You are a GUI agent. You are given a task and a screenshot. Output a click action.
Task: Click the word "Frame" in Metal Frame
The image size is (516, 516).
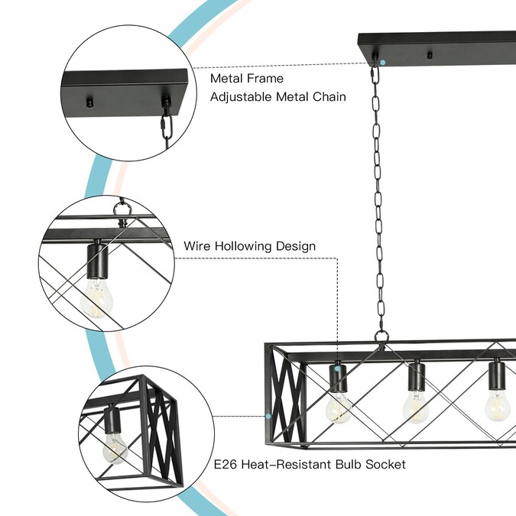pyautogui.click(x=264, y=78)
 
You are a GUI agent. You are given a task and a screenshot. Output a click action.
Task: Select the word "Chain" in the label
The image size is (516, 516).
pyautogui.click(x=329, y=97)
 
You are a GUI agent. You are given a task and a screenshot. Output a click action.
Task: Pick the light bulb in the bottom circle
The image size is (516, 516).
pyautogui.click(x=115, y=448)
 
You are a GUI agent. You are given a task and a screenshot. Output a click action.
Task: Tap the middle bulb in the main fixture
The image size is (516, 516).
pyautogui.click(x=416, y=406)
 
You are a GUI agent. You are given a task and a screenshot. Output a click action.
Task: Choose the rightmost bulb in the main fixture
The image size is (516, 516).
pyautogui.click(x=496, y=404)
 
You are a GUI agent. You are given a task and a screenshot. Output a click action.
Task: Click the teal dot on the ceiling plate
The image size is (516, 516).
pyautogui.click(x=383, y=61)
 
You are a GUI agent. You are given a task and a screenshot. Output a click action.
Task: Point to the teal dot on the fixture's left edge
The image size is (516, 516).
pyautogui.click(x=268, y=416)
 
